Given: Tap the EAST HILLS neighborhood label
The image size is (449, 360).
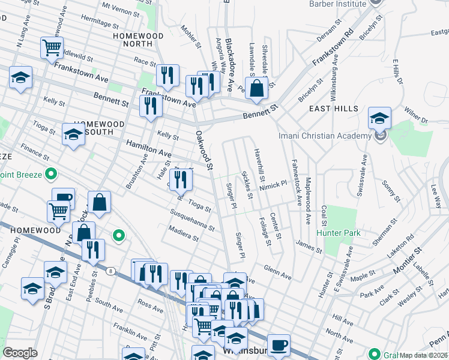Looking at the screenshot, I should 333,109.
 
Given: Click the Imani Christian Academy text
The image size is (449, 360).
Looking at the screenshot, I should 325,136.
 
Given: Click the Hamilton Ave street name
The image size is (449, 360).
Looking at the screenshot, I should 143,148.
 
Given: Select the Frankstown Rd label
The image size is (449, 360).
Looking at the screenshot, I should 334,48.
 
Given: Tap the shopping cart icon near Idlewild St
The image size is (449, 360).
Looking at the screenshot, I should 52,47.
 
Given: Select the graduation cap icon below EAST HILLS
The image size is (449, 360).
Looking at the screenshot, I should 379,118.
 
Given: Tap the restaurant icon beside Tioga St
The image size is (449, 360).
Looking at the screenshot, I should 181,179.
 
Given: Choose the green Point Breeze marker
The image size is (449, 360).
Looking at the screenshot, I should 51,175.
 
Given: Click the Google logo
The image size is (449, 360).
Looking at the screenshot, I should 20,352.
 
